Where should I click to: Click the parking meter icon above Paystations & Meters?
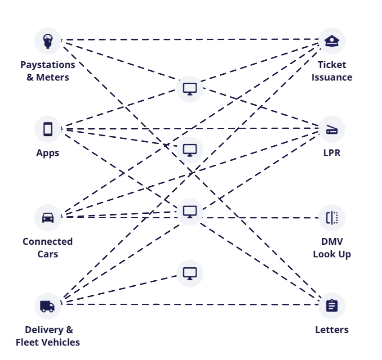[x=48, y=40]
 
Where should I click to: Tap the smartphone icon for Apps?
[x=48, y=129]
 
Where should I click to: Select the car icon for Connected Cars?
[x=48, y=217]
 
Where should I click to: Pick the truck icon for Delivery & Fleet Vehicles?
[x=48, y=306]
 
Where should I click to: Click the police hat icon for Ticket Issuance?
[x=332, y=40]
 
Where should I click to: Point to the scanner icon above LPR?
[x=332, y=130]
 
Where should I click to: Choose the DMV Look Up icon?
[x=332, y=218]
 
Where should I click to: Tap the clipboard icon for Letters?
[x=332, y=306]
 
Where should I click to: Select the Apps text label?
[x=48, y=153]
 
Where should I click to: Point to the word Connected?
[x=48, y=242]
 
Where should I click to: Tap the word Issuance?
[x=332, y=77]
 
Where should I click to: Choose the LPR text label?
[x=332, y=153]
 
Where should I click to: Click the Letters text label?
[x=332, y=330]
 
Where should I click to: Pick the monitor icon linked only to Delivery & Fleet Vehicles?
[x=190, y=273]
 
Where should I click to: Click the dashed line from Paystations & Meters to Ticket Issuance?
[x=189, y=40]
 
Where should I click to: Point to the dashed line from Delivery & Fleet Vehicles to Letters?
[x=189, y=305]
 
